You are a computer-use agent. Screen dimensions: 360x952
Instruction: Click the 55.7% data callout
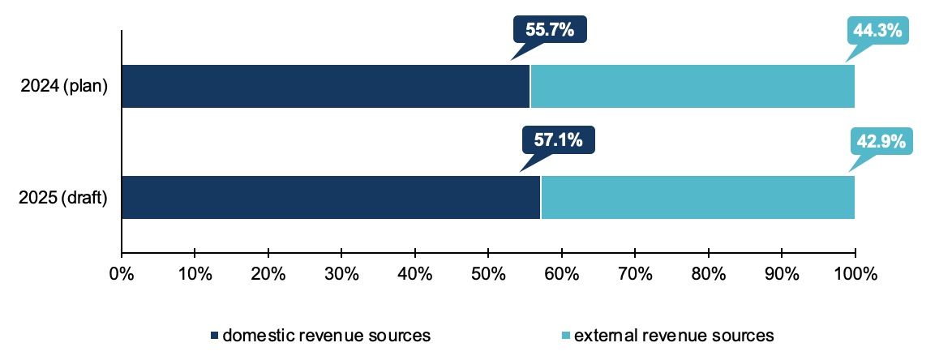click(549, 30)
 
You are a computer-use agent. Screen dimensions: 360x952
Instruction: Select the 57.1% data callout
click(558, 140)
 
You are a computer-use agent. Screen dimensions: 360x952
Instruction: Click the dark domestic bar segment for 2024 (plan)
click(325, 86)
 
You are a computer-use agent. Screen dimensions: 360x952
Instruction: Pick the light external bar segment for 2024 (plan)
click(693, 86)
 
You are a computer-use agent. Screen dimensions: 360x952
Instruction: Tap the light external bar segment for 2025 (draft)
click(697, 197)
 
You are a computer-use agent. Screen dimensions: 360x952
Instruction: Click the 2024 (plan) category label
click(65, 87)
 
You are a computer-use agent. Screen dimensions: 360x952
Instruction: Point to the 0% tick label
click(121, 273)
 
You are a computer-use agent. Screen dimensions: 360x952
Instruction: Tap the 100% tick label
click(855, 273)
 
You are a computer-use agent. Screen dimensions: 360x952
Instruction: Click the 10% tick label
click(195, 273)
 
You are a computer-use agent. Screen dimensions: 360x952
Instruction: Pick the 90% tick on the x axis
click(782, 273)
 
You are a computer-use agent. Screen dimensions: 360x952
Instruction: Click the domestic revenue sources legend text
click(326, 335)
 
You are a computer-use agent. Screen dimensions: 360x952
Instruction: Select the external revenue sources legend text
click(674, 335)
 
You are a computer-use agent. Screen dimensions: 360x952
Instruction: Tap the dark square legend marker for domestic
click(215, 336)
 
